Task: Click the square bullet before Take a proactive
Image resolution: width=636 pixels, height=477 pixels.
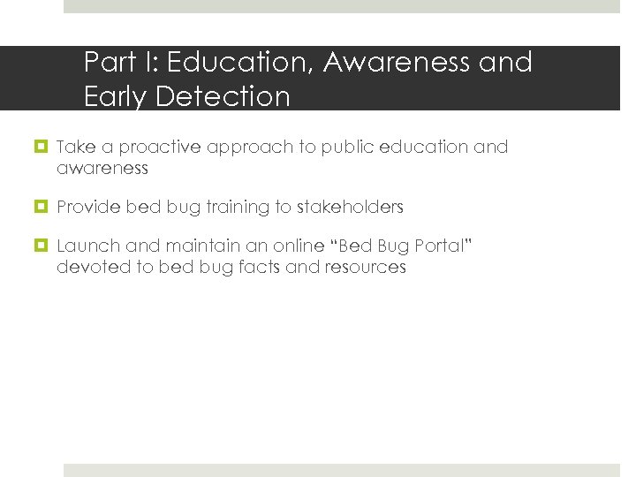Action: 42,148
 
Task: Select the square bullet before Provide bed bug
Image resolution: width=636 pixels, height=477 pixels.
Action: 42,208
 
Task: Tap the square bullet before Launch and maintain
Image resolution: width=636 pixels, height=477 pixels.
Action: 42,246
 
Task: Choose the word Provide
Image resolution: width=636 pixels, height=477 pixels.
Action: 88,208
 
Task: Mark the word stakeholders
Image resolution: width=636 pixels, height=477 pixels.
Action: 350,208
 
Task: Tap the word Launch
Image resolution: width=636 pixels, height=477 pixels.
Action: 84,246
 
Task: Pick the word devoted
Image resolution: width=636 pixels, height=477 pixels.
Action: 93,267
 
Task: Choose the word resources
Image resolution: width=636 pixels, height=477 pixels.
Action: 365,267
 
